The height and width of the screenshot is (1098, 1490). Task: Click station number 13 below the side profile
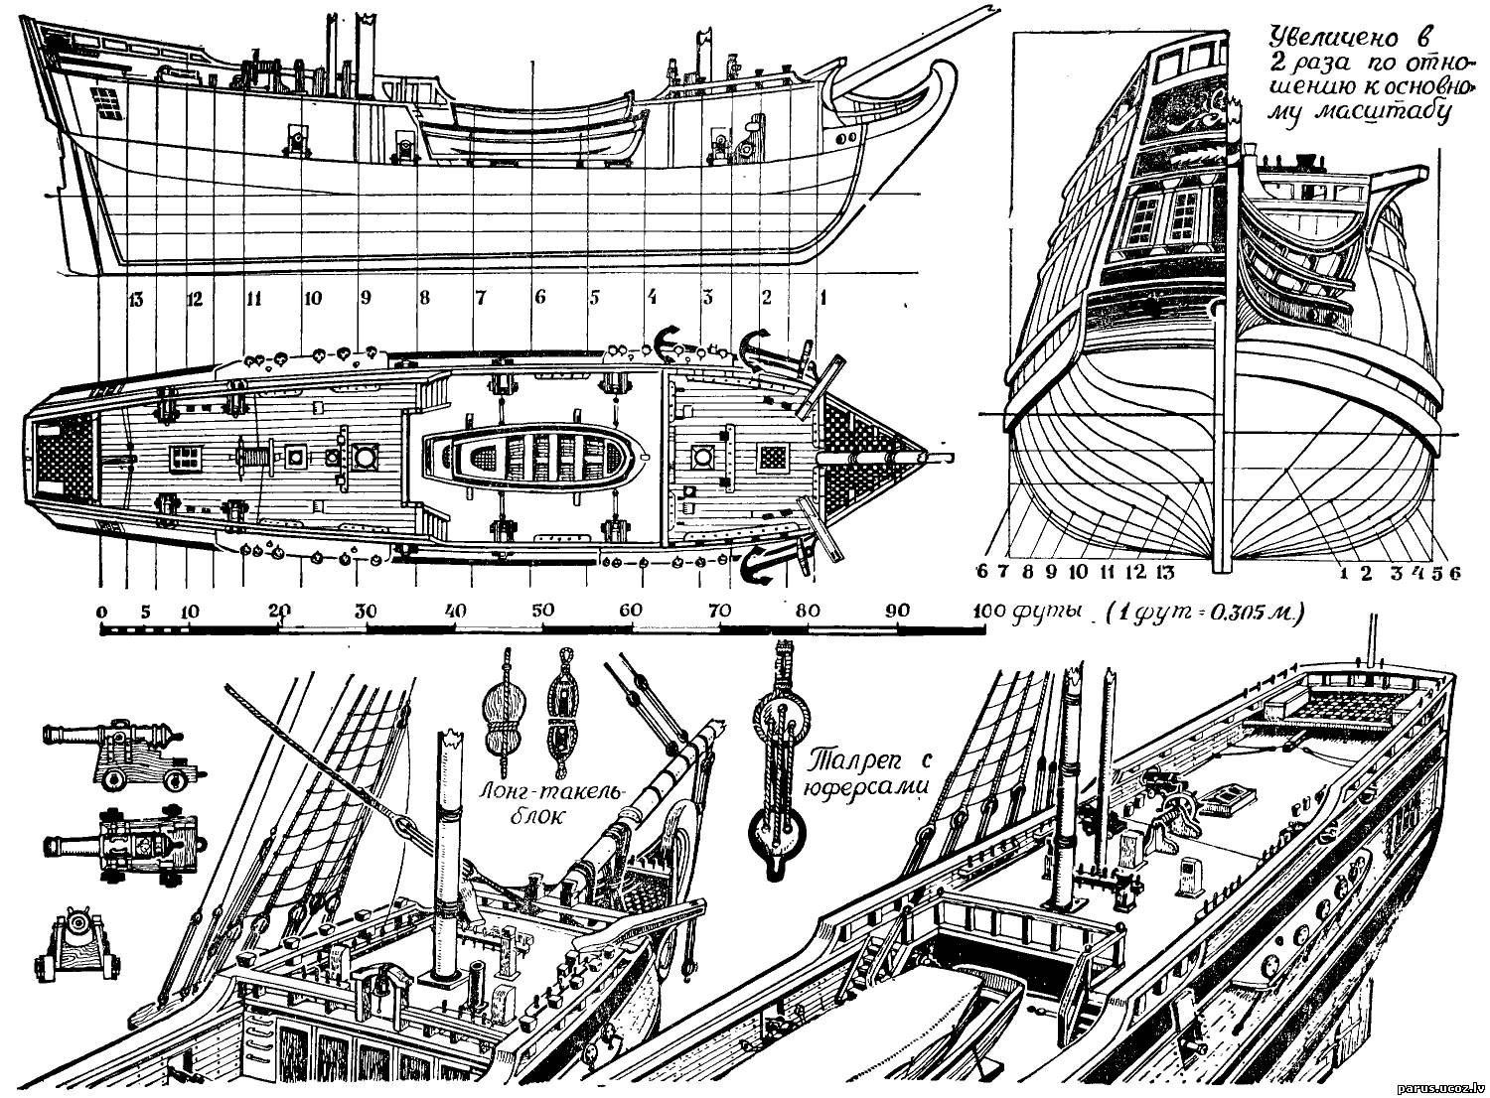pos(135,297)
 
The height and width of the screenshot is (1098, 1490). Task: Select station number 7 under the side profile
pos(481,297)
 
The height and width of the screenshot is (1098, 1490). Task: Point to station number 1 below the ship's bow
pos(822,295)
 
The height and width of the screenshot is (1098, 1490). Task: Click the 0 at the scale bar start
pos(102,612)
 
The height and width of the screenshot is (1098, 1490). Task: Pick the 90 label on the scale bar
pos(897,612)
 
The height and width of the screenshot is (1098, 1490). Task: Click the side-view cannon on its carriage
pos(114,752)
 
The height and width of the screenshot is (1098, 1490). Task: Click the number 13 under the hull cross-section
pos(1165,572)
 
